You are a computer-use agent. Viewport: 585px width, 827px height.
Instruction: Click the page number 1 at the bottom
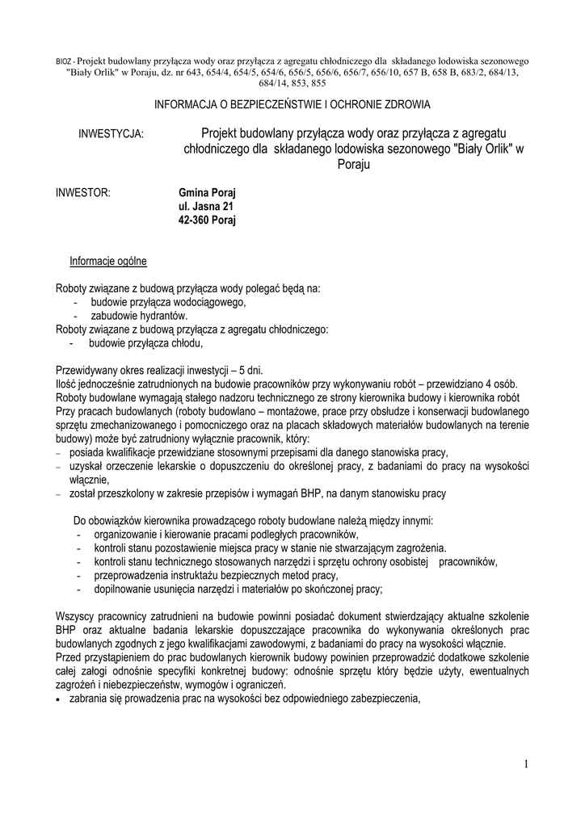(x=524, y=764)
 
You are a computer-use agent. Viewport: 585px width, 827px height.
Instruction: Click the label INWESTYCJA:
(x=111, y=133)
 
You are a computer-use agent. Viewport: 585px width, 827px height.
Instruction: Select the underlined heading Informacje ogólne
(x=108, y=261)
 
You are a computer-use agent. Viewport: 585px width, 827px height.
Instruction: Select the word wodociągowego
(x=204, y=302)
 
